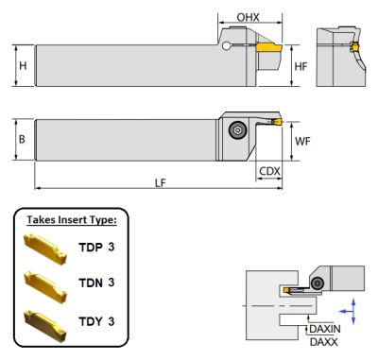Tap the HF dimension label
301,66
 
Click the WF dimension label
303,141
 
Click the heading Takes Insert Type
72,220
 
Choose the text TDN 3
95,283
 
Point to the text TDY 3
95,321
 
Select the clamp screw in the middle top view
236,130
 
